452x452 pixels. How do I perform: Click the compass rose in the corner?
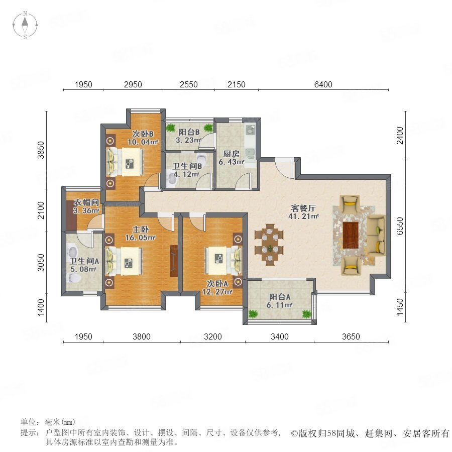click(x=25, y=25)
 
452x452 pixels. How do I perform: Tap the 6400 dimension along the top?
click(x=323, y=84)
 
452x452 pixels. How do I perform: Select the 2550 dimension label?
click(x=188, y=84)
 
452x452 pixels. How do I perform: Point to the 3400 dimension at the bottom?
click(x=280, y=336)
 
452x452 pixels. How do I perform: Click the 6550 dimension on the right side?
click(x=400, y=225)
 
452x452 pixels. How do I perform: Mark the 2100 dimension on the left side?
click(x=41, y=210)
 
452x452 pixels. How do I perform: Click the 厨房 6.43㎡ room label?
click(x=232, y=158)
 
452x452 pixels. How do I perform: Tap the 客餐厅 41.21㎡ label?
click(x=303, y=212)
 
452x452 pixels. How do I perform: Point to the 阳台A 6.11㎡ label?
click(x=280, y=301)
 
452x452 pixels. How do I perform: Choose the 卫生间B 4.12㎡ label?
click(x=187, y=170)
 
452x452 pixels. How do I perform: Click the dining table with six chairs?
click(x=269, y=245)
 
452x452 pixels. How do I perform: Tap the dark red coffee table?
click(x=351, y=235)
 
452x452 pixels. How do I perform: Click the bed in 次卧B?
click(x=125, y=162)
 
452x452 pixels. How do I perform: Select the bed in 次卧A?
click(x=223, y=260)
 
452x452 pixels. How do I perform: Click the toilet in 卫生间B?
click(x=201, y=158)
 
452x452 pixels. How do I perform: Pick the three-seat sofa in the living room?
click(x=376, y=235)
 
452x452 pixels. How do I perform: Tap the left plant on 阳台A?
click(x=253, y=313)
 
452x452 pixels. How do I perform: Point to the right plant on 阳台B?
click(x=207, y=128)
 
